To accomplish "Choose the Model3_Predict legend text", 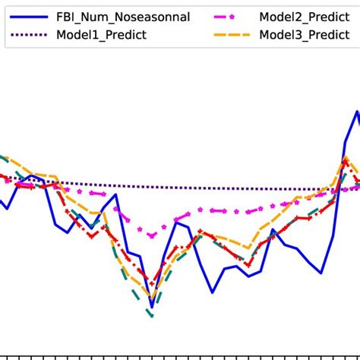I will coord(306,34).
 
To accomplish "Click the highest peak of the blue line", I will coord(357,112).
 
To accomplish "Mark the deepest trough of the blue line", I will coord(151,307).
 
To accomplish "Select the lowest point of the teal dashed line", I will coord(152,316).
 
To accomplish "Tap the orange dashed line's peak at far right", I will coord(346,158).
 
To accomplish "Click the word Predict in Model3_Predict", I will coord(327,34).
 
